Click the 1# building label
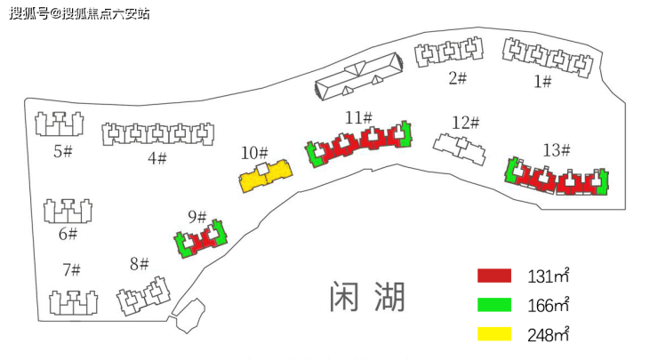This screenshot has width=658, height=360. click(x=542, y=81)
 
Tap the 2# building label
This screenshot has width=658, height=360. click(x=457, y=78)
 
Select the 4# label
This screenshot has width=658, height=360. click(x=157, y=158)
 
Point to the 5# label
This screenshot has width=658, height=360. click(x=63, y=151)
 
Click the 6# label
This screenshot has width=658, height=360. click(x=68, y=234)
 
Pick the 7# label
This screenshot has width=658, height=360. click(x=72, y=270)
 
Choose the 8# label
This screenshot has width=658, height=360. click(x=140, y=264)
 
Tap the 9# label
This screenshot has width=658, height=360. click(x=197, y=217)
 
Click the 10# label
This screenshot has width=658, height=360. click(x=254, y=153)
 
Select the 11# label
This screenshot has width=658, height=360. click(x=358, y=117)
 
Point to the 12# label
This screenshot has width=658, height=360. click(x=465, y=123)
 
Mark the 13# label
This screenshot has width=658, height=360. click(x=557, y=150)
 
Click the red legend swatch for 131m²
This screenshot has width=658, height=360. click(x=494, y=276)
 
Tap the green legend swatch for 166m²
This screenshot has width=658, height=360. click(x=494, y=305)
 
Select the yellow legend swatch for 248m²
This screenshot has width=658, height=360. click(x=494, y=334)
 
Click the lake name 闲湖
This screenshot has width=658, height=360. click(x=367, y=297)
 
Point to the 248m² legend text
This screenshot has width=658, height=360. click(x=549, y=334)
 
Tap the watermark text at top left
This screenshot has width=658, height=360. click(x=79, y=13)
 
